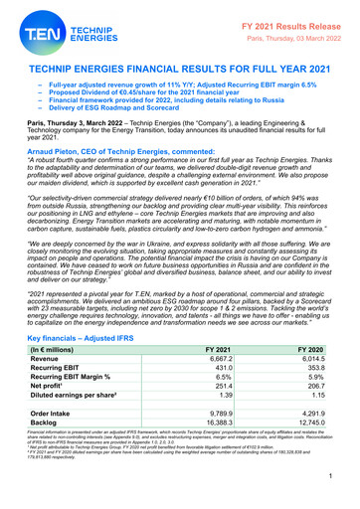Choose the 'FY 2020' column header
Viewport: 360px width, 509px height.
321,379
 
